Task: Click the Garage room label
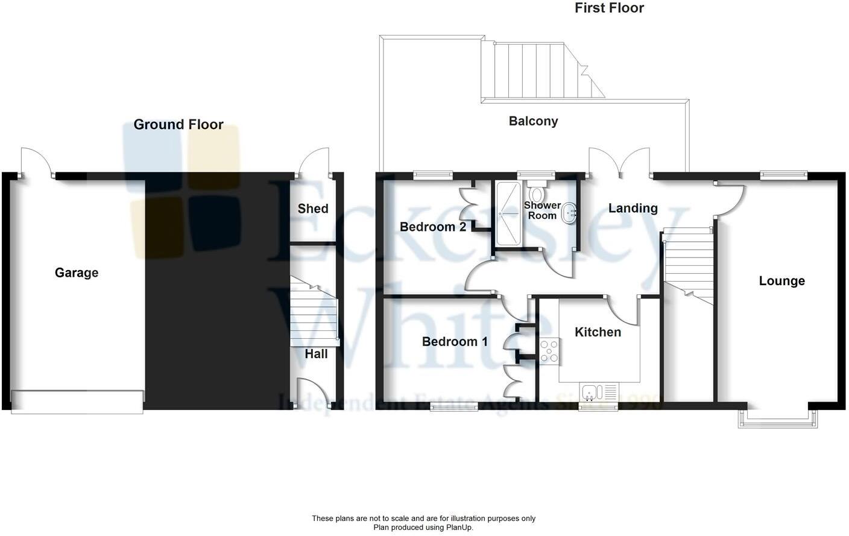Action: (77, 273)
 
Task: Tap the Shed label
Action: (313, 209)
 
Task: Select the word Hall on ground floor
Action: (316, 354)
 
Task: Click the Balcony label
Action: (533, 121)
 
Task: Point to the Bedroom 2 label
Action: (432, 227)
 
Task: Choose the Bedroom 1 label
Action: (455, 342)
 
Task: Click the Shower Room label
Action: (541, 210)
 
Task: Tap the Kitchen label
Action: (598, 332)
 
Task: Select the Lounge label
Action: (781, 281)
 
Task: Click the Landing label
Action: (633, 208)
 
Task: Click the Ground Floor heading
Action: (178, 125)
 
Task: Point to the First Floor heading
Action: (609, 8)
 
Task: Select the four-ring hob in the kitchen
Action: (549, 351)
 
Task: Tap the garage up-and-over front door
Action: (77, 402)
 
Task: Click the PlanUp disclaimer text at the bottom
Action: (423, 523)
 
